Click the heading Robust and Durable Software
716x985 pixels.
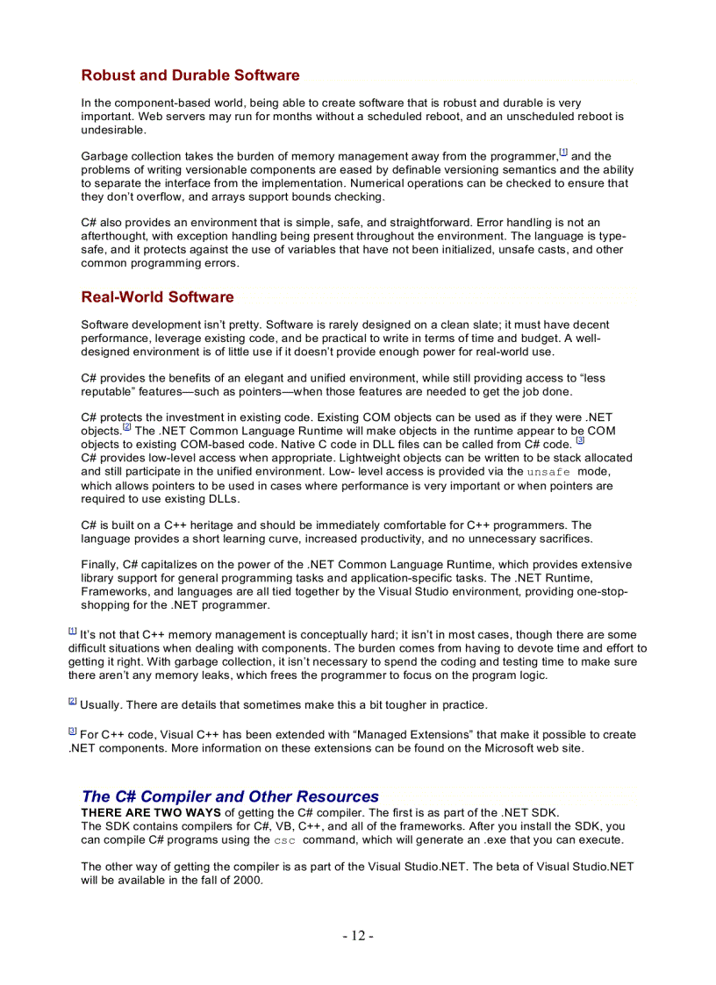click(190, 75)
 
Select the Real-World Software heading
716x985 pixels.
click(157, 297)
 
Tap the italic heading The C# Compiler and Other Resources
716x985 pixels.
click(230, 796)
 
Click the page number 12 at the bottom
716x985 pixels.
click(358, 936)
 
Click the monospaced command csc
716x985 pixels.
click(285, 840)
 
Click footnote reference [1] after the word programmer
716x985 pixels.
click(563, 153)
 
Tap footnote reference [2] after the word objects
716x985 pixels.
click(127, 427)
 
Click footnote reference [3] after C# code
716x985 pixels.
click(580, 440)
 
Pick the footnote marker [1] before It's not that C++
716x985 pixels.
click(73, 631)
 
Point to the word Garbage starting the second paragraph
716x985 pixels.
click(104, 156)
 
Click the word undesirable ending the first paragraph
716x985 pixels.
click(113, 130)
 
